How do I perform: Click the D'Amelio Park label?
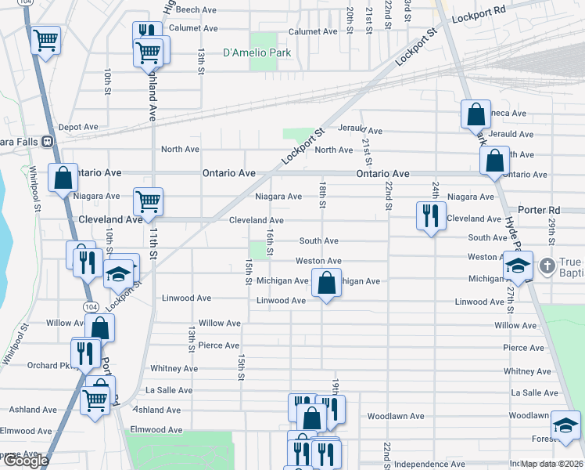pos(257,53)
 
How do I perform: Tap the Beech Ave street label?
pos(196,10)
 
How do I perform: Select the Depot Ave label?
pos(78,127)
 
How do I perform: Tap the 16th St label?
pos(269,242)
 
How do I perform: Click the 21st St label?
pos(367,145)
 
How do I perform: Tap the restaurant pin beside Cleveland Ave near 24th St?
pos(430,216)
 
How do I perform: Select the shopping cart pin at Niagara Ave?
pos(147,202)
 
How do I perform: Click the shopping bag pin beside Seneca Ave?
pos(476,115)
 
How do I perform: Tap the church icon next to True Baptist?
pos(547,266)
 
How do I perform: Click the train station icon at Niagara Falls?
pos(47,142)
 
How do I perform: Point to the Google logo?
pos(25,461)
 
